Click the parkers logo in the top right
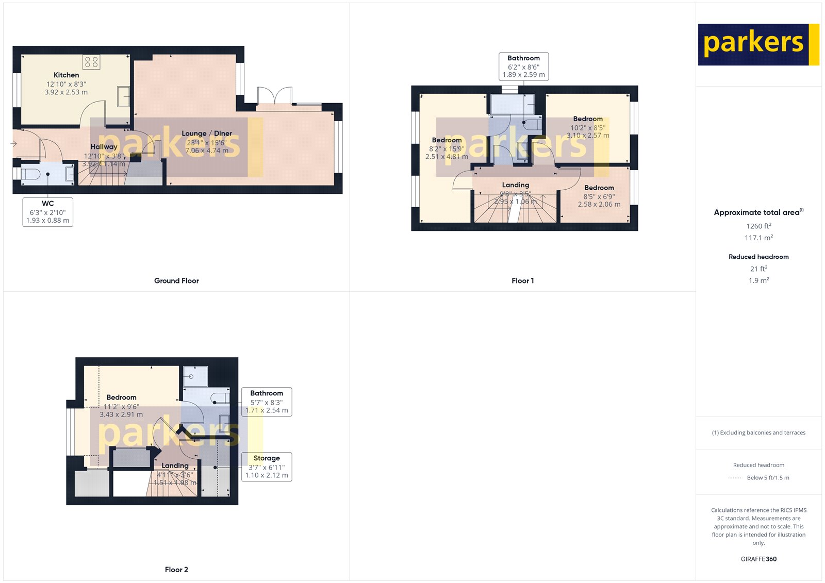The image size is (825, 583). click(758, 44)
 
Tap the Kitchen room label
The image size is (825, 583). click(67, 75)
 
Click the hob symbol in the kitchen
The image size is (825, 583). click(91, 62)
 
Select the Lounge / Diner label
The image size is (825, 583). click(207, 134)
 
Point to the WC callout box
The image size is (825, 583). click(48, 212)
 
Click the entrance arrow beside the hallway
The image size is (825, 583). click(13, 144)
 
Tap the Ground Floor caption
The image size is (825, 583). click(176, 281)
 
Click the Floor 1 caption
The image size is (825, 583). click(522, 281)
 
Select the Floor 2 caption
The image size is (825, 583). click(176, 570)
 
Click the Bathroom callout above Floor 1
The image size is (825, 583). click(523, 66)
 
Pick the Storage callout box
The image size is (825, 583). click(267, 467)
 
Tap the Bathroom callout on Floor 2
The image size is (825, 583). click(267, 402)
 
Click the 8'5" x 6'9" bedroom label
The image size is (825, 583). click(599, 196)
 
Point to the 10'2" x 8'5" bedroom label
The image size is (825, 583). click(588, 127)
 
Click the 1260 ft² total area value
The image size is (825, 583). click(758, 226)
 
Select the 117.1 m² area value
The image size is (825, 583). click(758, 238)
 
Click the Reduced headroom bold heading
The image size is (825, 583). click(758, 257)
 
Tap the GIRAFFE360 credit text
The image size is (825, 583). click(758, 559)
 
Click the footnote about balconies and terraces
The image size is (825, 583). click(758, 432)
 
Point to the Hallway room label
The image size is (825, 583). click(104, 147)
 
